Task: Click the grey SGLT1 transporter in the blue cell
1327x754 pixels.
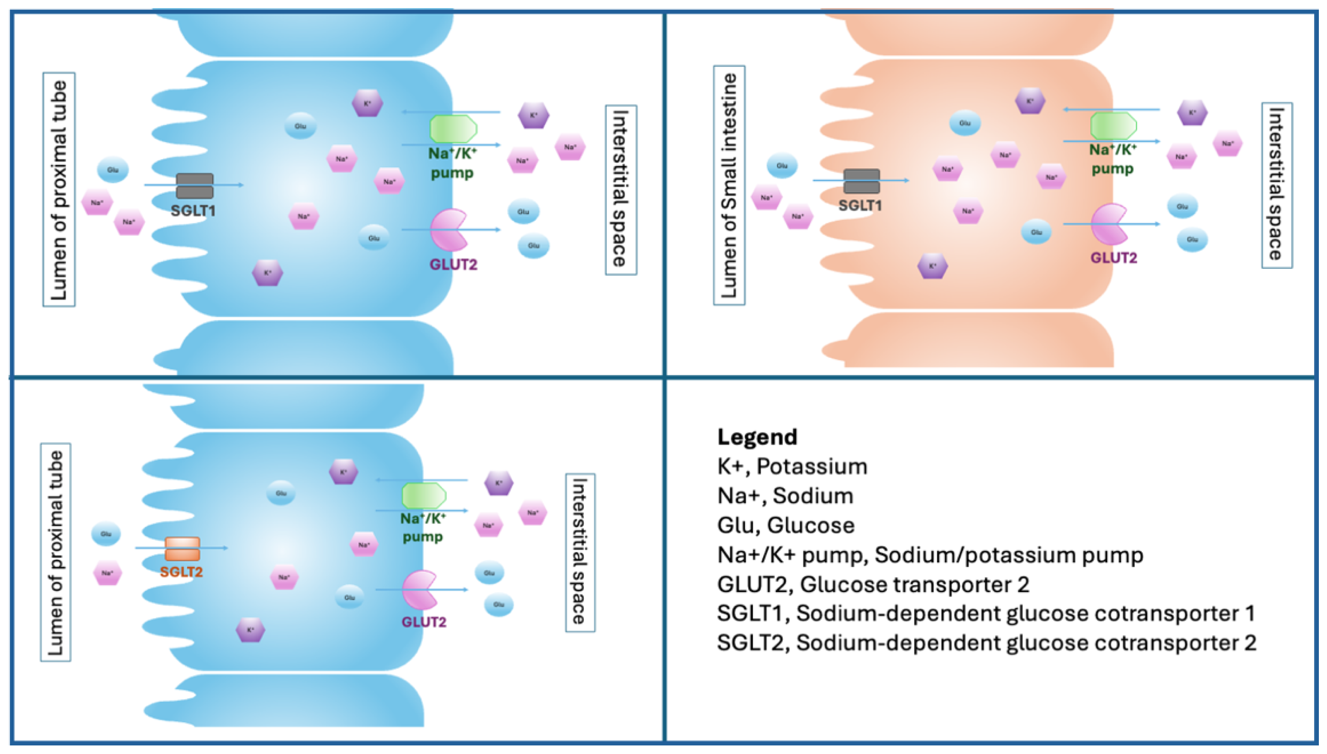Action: pos(194,185)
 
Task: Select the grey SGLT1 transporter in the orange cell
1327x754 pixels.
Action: pos(861,181)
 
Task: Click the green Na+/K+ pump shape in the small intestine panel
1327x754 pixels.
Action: pos(1113,126)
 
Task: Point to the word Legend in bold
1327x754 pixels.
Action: pos(757,437)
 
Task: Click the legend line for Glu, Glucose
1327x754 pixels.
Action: pos(785,525)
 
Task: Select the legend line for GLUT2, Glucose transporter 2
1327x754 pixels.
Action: pos(873,584)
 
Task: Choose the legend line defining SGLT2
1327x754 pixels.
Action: pos(986,643)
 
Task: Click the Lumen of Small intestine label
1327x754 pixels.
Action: pos(729,185)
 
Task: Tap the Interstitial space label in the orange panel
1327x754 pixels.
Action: pos(1276,185)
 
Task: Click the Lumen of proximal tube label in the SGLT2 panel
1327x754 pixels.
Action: pos(55,552)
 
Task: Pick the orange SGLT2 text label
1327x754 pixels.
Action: pos(181,572)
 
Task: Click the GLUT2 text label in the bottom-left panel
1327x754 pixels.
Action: pos(424,622)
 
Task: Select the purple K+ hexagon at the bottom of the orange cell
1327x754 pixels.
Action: pos(932,266)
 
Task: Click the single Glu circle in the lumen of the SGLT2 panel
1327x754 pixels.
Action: pos(106,534)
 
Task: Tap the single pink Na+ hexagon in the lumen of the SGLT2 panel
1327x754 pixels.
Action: pos(107,573)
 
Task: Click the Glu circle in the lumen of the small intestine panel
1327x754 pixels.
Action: pos(782,166)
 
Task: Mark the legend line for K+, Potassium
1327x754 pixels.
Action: pos(792,467)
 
